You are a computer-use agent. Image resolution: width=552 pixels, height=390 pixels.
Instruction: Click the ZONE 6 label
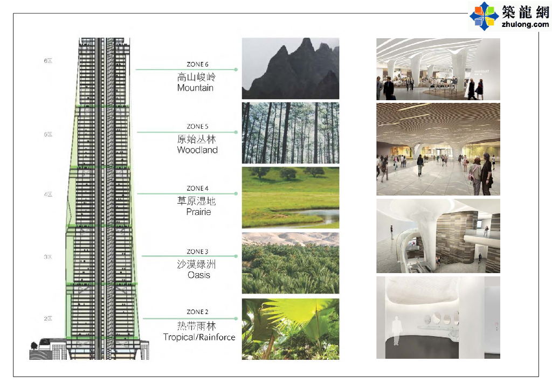197,65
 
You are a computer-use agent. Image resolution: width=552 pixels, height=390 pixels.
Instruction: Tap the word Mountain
195,88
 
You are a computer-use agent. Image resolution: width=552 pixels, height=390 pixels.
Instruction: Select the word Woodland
197,150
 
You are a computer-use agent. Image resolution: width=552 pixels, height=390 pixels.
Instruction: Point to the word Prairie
198,212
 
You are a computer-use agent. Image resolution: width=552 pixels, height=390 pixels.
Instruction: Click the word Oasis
198,275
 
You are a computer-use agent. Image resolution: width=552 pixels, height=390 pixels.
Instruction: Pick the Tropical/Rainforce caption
199,337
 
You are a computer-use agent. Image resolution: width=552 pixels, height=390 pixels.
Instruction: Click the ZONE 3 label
197,252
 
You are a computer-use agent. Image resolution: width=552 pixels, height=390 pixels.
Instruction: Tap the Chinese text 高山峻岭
196,76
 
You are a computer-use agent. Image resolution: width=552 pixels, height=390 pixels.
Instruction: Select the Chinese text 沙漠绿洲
196,264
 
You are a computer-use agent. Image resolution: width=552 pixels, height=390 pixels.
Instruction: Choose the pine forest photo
291,133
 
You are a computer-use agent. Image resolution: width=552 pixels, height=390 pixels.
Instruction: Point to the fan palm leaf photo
291,329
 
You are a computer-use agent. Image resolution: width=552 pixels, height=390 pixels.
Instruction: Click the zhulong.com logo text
525,24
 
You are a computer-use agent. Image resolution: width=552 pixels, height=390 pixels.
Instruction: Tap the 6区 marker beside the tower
48,61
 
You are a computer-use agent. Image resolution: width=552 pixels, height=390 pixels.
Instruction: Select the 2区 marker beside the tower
48,318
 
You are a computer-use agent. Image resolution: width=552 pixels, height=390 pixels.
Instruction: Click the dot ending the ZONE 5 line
236,132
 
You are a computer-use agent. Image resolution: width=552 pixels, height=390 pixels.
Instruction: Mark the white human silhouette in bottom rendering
396,330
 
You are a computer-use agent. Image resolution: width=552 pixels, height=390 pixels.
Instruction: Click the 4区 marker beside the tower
48,194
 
